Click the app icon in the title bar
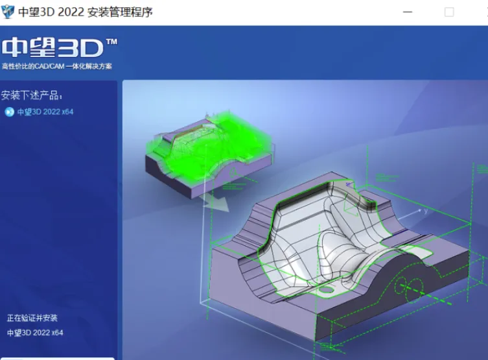point(8,12)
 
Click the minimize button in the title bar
point(408,12)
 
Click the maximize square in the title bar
point(449,12)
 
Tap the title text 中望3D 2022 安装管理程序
point(86,12)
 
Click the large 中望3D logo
point(52,47)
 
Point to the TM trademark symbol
point(111,42)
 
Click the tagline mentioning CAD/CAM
point(56,66)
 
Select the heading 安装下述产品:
point(32,95)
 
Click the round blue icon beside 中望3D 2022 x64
point(10,112)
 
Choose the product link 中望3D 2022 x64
point(45,112)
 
